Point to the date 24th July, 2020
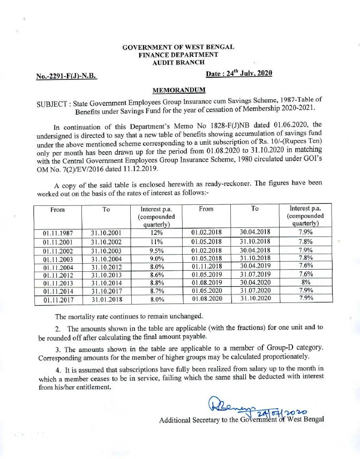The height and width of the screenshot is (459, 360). pos(247,76)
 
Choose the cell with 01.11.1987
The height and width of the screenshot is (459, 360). pos(58,233)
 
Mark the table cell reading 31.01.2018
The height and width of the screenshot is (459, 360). pos(106,300)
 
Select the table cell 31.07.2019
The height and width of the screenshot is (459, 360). pos(255,275)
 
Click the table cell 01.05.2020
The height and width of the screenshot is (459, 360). pos(206,291)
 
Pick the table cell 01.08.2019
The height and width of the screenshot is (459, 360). pos(206,283)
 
